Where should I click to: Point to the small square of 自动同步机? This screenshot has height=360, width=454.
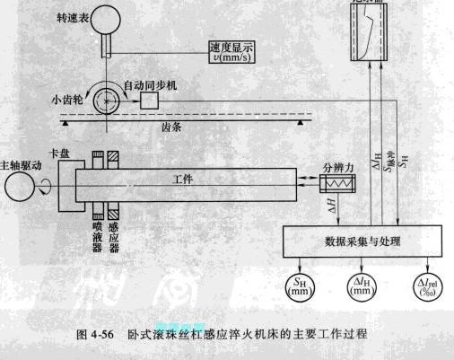click(x=147, y=102)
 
